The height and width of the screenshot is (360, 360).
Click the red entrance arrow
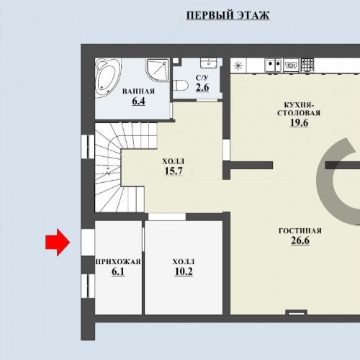[58, 242]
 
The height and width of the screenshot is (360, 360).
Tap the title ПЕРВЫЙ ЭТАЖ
[228, 15]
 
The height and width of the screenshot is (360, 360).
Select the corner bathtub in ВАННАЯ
[107, 78]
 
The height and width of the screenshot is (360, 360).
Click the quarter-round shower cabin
[158, 70]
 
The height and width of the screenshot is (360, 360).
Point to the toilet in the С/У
[180, 86]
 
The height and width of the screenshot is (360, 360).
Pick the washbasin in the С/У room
[209, 63]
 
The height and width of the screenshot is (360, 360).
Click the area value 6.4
[138, 101]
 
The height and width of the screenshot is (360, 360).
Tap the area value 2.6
[202, 87]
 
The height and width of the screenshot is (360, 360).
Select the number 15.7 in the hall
[174, 171]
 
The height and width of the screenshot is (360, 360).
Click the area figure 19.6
[299, 122]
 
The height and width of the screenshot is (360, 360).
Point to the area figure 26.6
[300, 240]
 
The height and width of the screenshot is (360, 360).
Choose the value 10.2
[184, 271]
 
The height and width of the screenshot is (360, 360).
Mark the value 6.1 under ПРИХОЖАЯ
[118, 271]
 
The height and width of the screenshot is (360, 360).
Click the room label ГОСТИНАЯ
[300, 231]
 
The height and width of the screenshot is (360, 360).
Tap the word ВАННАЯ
[138, 91]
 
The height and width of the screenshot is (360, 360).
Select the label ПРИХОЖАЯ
[118, 261]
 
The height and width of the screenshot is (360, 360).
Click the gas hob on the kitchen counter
[307, 66]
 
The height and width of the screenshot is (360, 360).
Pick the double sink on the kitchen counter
[273, 66]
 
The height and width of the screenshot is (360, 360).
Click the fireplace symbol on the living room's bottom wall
[296, 312]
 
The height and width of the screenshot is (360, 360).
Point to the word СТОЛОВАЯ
[299, 113]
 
